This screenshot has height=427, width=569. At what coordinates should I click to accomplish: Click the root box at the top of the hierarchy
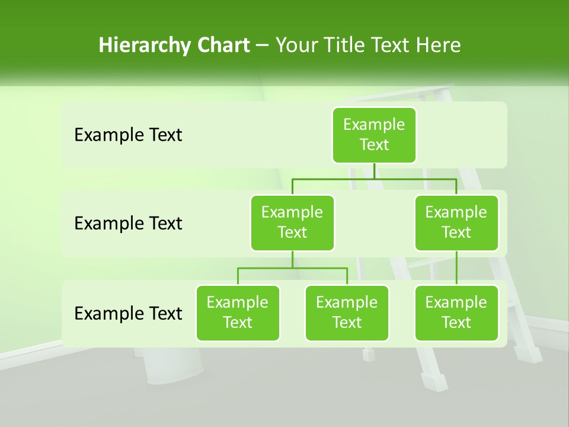[x=374, y=135]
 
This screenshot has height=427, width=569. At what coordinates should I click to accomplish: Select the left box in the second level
[x=292, y=222]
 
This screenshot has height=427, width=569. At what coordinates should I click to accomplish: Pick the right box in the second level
[x=456, y=222]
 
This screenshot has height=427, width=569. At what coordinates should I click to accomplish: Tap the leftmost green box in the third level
[x=238, y=313]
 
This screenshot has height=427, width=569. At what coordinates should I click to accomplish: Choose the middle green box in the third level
[x=347, y=313]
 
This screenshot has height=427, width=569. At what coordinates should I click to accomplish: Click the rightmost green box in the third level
[x=456, y=313]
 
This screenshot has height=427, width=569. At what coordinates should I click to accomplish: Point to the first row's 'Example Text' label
[x=128, y=135]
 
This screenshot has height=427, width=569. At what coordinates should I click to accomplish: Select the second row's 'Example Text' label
[x=128, y=224]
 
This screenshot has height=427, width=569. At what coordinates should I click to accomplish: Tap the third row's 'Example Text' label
[x=128, y=313]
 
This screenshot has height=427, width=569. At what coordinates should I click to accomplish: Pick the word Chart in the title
[x=221, y=45]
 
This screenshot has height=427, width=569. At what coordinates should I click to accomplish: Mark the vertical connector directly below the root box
[x=374, y=171]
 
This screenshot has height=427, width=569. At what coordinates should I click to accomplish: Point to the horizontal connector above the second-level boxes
[x=374, y=179]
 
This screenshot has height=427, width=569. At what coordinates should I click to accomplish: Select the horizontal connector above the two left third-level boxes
[x=292, y=268]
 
